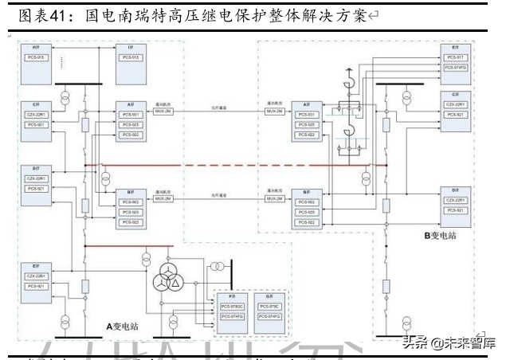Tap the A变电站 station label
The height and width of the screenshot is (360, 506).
pos(123,327)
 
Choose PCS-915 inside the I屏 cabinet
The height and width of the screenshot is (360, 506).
pos(131,57)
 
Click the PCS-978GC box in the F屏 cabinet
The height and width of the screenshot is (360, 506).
pos(231,306)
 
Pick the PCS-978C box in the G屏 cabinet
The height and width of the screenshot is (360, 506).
pos(269,306)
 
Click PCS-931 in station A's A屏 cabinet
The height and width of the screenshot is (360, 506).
pos(131,115)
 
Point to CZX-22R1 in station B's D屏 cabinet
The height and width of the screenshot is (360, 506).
pos(457,200)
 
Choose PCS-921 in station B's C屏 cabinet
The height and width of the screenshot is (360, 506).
pos(457,115)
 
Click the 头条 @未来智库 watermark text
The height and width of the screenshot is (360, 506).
pos(448,343)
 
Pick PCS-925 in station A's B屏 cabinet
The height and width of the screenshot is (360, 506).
pos(131,213)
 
